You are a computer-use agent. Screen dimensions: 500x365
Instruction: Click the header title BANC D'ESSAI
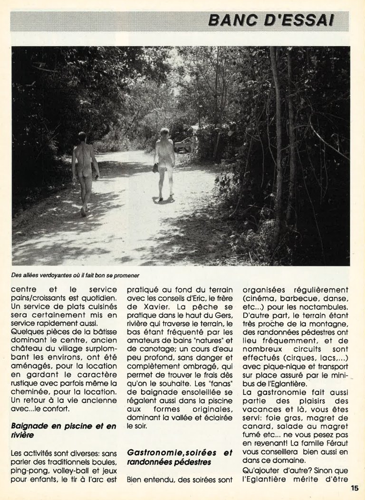pyautogui.click(x=271, y=20)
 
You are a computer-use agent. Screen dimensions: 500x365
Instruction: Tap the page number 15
pyautogui.click(x=355, y=488)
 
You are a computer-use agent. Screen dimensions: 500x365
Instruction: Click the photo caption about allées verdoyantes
pyautogui.click(x=75, y=275)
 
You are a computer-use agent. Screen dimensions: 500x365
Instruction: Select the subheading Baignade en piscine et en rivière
pyautogui.click(x=63, y=431)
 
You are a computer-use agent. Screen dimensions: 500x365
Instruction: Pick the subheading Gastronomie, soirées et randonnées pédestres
pyautogui.click(x=180, y=457)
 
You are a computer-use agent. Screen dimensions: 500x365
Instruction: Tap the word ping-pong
pyautogui.click(x=27, y=471)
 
